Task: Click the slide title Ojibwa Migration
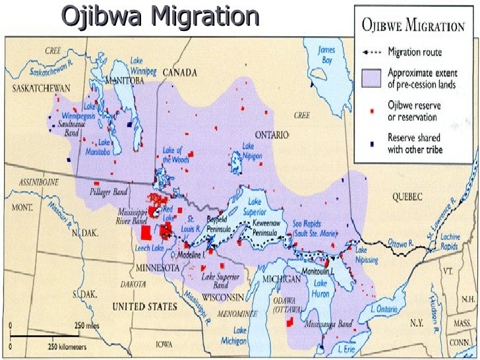tap(160, 16)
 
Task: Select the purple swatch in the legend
tap(372, 78)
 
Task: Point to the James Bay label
tap(326, 54)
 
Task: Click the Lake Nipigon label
tap(253, 151)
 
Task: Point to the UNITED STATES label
tap(144, 307)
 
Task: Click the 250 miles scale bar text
tap(88, 326)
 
